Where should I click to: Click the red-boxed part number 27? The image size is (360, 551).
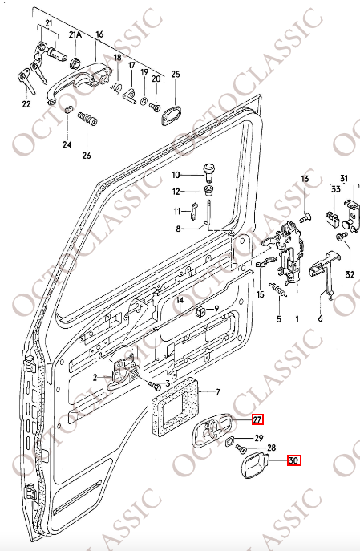(257, 419)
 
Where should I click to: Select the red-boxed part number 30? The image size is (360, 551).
(293, 460)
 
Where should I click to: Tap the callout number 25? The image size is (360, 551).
(176, 75)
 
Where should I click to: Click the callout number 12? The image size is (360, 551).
(176, 191)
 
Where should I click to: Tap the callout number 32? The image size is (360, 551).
(349, 274)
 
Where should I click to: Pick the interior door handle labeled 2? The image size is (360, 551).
(124, 373)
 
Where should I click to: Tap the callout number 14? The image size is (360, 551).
(181, 301)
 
